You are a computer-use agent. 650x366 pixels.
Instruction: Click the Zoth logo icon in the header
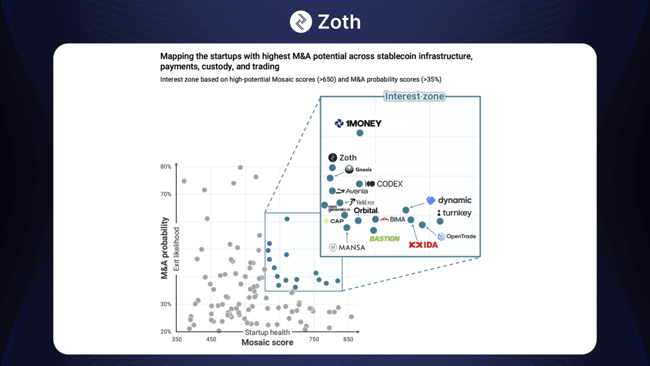click(301, 22)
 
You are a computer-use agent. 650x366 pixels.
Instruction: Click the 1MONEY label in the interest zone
click(358, 123)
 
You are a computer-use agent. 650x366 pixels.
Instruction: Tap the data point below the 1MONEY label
click(360, 133)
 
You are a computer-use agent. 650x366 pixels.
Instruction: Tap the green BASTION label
click(385, 238)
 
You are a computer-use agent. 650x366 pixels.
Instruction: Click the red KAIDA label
click(424, 245)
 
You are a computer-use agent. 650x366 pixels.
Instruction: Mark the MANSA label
click(347, 247)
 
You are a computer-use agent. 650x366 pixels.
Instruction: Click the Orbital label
click(366, 211)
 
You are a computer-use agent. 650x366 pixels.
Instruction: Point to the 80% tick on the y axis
click(166, 167)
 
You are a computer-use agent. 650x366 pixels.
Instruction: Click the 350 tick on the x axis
click(177, 340)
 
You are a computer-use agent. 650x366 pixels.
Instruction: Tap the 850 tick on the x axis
click(348, 340)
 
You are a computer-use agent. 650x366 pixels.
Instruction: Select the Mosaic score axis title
click(267, 343)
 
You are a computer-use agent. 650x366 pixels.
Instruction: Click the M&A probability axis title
click(164, 248)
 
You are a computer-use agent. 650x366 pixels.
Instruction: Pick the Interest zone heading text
click(415, 96)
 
